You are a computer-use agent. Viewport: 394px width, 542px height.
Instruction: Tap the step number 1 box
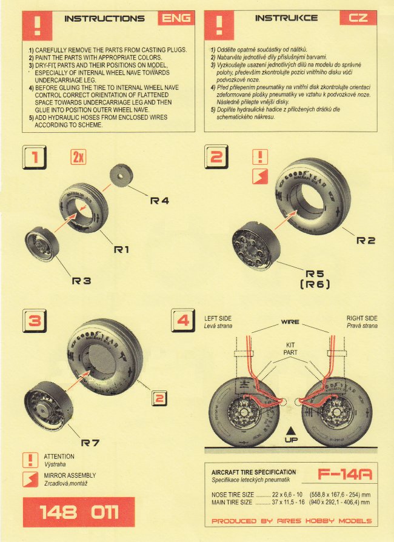35,159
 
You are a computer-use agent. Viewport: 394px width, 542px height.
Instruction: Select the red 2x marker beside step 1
78,158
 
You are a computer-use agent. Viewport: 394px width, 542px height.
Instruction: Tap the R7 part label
90,443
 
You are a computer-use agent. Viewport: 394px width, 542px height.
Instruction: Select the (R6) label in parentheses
313,284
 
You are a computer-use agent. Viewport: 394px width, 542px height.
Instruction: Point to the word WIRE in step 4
291,322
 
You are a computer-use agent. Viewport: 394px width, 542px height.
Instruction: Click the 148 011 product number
78,513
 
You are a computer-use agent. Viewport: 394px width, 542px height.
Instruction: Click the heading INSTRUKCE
286,18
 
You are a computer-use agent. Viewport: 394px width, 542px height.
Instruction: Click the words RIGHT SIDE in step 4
362,318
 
